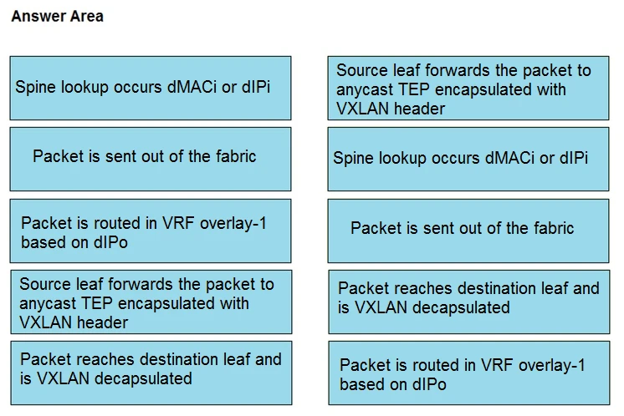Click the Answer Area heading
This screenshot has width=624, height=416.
click(x=58, y=17)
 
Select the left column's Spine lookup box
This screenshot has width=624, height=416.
click(x=151, y=88)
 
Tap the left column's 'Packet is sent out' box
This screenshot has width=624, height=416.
click(x=151, y=158)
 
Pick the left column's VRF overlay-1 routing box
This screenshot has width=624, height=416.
click(x=151, y=231)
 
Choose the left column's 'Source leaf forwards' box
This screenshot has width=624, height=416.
click(x=151, y=302)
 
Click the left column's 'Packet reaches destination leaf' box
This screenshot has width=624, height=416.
click(x=151, y=372)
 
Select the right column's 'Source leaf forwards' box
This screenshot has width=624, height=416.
click(x=468, y=89)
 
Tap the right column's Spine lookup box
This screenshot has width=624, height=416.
click(x=468, y=158)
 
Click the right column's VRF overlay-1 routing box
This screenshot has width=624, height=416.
click(x=468, y=374)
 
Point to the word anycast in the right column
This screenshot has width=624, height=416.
click(x=364, y=89)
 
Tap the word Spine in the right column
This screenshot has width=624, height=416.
click(x=354, y=158)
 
